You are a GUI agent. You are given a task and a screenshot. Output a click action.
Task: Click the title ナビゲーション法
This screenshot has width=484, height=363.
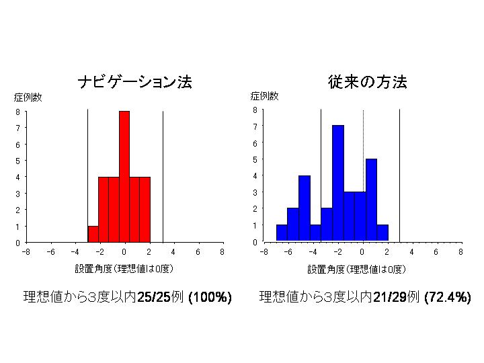(x=135, y=83)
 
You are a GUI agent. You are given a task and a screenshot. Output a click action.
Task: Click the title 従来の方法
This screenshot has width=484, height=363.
(x=367, y=82)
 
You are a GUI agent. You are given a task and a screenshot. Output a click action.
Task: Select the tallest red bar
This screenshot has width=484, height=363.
(x=124, y=176)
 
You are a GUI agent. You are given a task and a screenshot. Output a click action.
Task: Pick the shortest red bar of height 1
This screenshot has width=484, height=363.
(x=93, y=233)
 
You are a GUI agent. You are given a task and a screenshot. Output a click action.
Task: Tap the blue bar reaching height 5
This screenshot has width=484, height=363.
(x=371, y=200)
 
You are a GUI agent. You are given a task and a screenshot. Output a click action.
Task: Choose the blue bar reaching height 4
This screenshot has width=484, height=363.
(x=305, y=208)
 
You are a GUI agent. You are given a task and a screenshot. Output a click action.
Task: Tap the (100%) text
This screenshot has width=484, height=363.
(x=210, y=297)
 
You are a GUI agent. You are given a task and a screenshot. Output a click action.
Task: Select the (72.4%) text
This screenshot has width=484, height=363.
(x=448, y=297)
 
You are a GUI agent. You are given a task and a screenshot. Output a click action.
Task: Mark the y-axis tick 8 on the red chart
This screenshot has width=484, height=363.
(x=18, y=112)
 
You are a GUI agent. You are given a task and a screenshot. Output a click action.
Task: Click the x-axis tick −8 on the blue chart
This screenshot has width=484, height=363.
(x=264, y=252)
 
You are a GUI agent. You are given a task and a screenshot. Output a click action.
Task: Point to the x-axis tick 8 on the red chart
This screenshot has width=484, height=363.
(x=222, y=252)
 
